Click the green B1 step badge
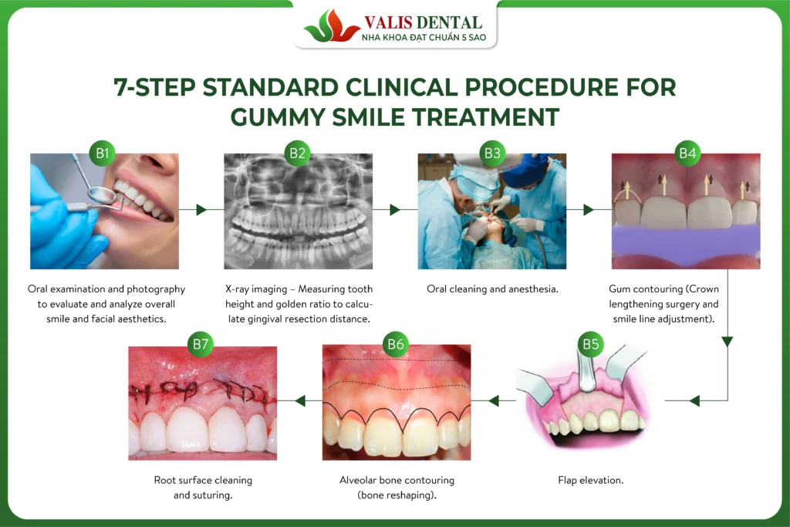pyautogui.click(x=103, y=153)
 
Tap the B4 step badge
pyautogui.click(x=687, y=153)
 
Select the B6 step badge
pyautogui.click(x=396, y=344)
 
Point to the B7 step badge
pyautogui.click(x=201, y=344)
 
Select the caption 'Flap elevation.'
pyautogui.click(x=590, y=480)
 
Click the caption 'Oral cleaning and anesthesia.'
pyautogui.click(x=492, y=289)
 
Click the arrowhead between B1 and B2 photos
pyautogui.click(x=201, y=209)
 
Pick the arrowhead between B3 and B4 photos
pyautogui.click(x=589, y=209)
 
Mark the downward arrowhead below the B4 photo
pyautogui.click(x=727, y=342)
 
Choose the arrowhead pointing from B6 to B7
pyautogui.click(x=300, y=400)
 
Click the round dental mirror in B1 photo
pyautogui.click(x=101, y=193)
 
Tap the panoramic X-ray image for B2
pyautogui.click(x=299, y=211)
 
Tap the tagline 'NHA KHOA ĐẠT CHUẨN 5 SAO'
pyautogui.click(x=424, y=37)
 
